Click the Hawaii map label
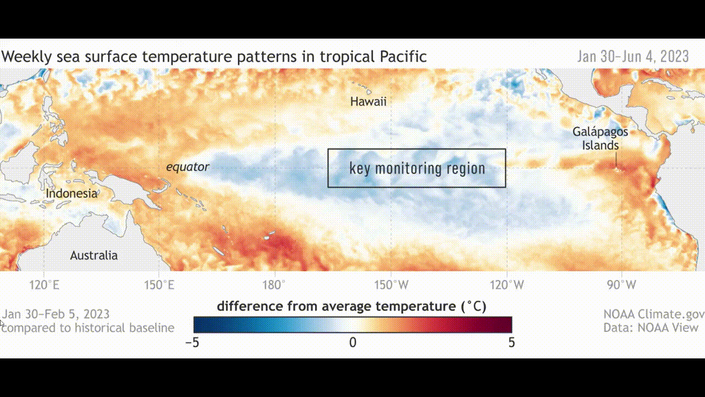coord(368,102)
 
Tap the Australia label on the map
coord(94,255)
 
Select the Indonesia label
coord(72,194)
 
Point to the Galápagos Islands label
coord(600,138)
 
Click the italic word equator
coord(188,167)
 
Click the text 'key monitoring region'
coord(417,168)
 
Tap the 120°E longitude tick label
coord(44,285)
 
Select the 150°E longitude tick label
coord(159,285)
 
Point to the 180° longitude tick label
coord(274,285)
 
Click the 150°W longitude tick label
coord(391,285)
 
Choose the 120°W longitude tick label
coord(507,285)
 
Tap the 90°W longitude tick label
coord(622,285)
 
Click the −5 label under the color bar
coord(192,342)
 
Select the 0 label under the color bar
coord(353,342)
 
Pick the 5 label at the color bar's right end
coord(512,342)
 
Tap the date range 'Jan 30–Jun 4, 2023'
coord(633,57)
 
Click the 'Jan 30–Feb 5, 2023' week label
coord(56,314)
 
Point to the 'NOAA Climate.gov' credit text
coord(654,314)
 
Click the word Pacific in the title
coord(403,57)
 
